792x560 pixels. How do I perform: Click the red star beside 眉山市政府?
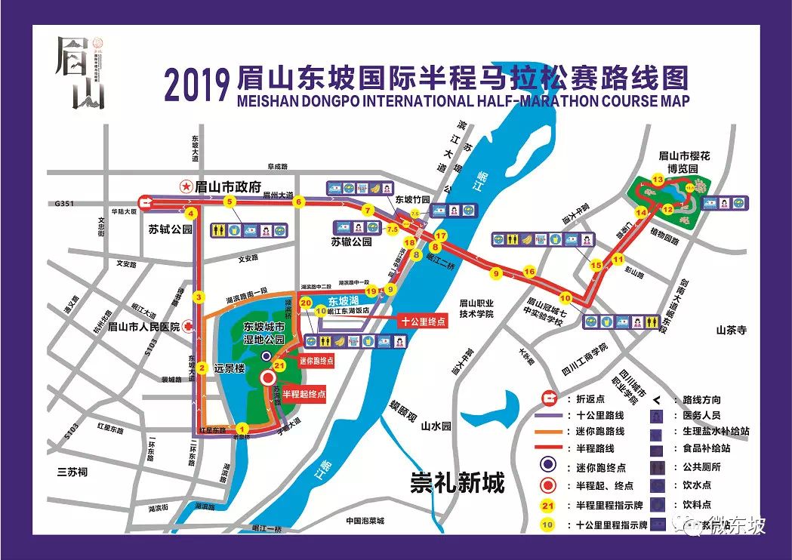pos(184,186)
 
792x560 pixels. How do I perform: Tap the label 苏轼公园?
pos(170,229)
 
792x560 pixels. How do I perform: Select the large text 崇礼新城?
pos(457,481)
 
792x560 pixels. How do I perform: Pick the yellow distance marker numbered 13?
pos(658,180)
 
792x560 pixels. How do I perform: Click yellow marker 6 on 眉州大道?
pos(299,202)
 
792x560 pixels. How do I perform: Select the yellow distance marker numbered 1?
pos(242,428)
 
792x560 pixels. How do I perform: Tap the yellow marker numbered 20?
pos(306,303)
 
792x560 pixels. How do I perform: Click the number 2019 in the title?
pos(195,85)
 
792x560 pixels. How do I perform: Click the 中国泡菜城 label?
pos(365,521)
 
